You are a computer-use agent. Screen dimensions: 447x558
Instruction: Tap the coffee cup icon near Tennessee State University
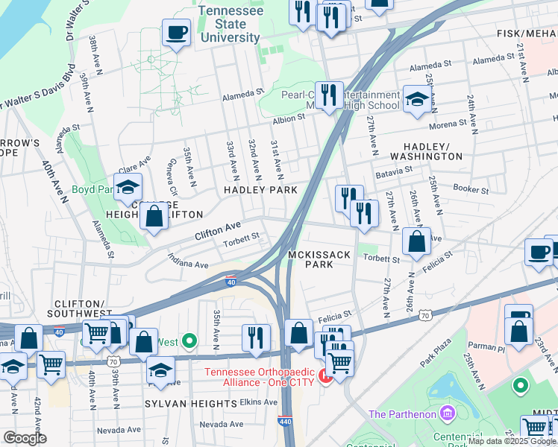[176, 34]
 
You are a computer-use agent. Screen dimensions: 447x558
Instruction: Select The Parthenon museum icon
[447, 413]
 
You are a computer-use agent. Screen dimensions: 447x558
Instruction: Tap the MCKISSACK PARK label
[319, 259]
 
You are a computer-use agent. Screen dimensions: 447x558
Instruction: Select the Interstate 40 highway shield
[231, 280]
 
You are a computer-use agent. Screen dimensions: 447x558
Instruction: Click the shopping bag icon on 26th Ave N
[416, 241]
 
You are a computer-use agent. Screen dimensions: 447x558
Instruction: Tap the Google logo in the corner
[25, 438]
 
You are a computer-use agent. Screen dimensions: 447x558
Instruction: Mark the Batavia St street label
[393, 170]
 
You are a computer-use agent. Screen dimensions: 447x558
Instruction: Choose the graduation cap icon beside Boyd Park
[128, 188]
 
